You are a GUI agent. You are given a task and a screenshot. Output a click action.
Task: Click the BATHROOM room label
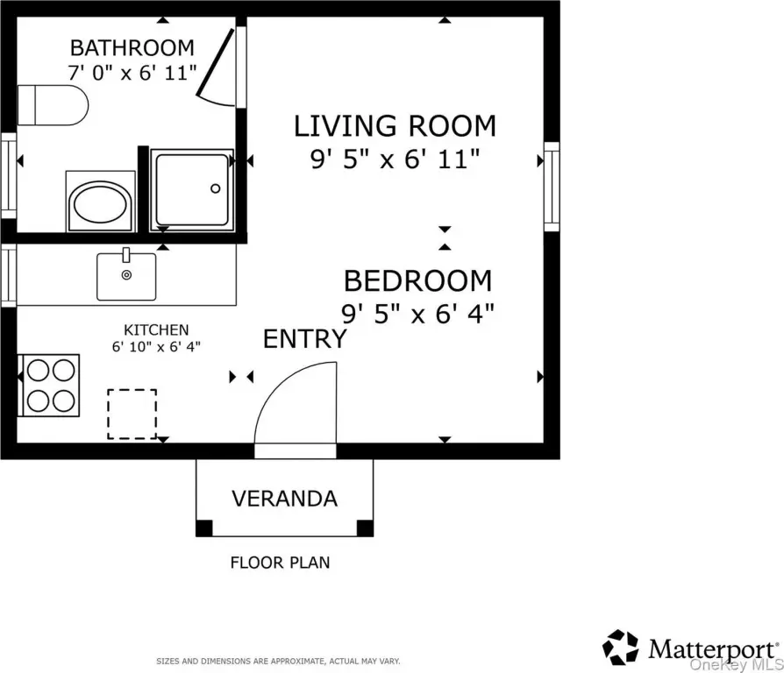pyautogui.click(x=132, y=48)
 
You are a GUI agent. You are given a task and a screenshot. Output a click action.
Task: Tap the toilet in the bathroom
pyautogui.click(x=53, y=105)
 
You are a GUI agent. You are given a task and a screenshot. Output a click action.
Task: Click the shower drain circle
pyautogui.click(x=216, y=188)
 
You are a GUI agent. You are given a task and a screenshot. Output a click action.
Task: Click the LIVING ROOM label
pyautogui.click(x=395, y=126)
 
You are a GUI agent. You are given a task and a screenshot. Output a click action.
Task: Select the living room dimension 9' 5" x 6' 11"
pyautogui.click(x=395, y=159)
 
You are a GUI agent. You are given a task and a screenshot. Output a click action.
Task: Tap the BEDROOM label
pyautogui.click(x=418, y=280)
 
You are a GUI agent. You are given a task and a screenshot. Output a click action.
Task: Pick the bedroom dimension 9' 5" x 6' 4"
pyautogui.click(x=417, y=315)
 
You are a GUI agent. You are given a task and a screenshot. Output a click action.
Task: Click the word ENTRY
pyautogui.click(x=305, y=339)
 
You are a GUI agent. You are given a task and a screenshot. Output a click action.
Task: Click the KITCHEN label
pyautogui.click(x=156, y=329)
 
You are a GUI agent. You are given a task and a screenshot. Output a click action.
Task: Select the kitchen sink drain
pyautogui.click(x=126, y=275)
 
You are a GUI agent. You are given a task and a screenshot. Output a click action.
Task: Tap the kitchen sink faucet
pyautogui.click(x=126, y=254)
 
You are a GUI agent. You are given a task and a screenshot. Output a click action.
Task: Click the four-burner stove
pyautogui.click(x=49, y=386)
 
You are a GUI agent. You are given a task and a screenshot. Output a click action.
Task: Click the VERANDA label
pyautogui.click(x=284, y=499)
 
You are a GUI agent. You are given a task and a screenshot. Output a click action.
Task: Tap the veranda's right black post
pyautogui.click(x=365, y=528)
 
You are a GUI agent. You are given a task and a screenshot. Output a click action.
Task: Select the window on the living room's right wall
pyautogui.click(x=552, y=187)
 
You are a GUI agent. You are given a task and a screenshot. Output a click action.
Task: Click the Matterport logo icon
pyautogui.click(x=621, y=647)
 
